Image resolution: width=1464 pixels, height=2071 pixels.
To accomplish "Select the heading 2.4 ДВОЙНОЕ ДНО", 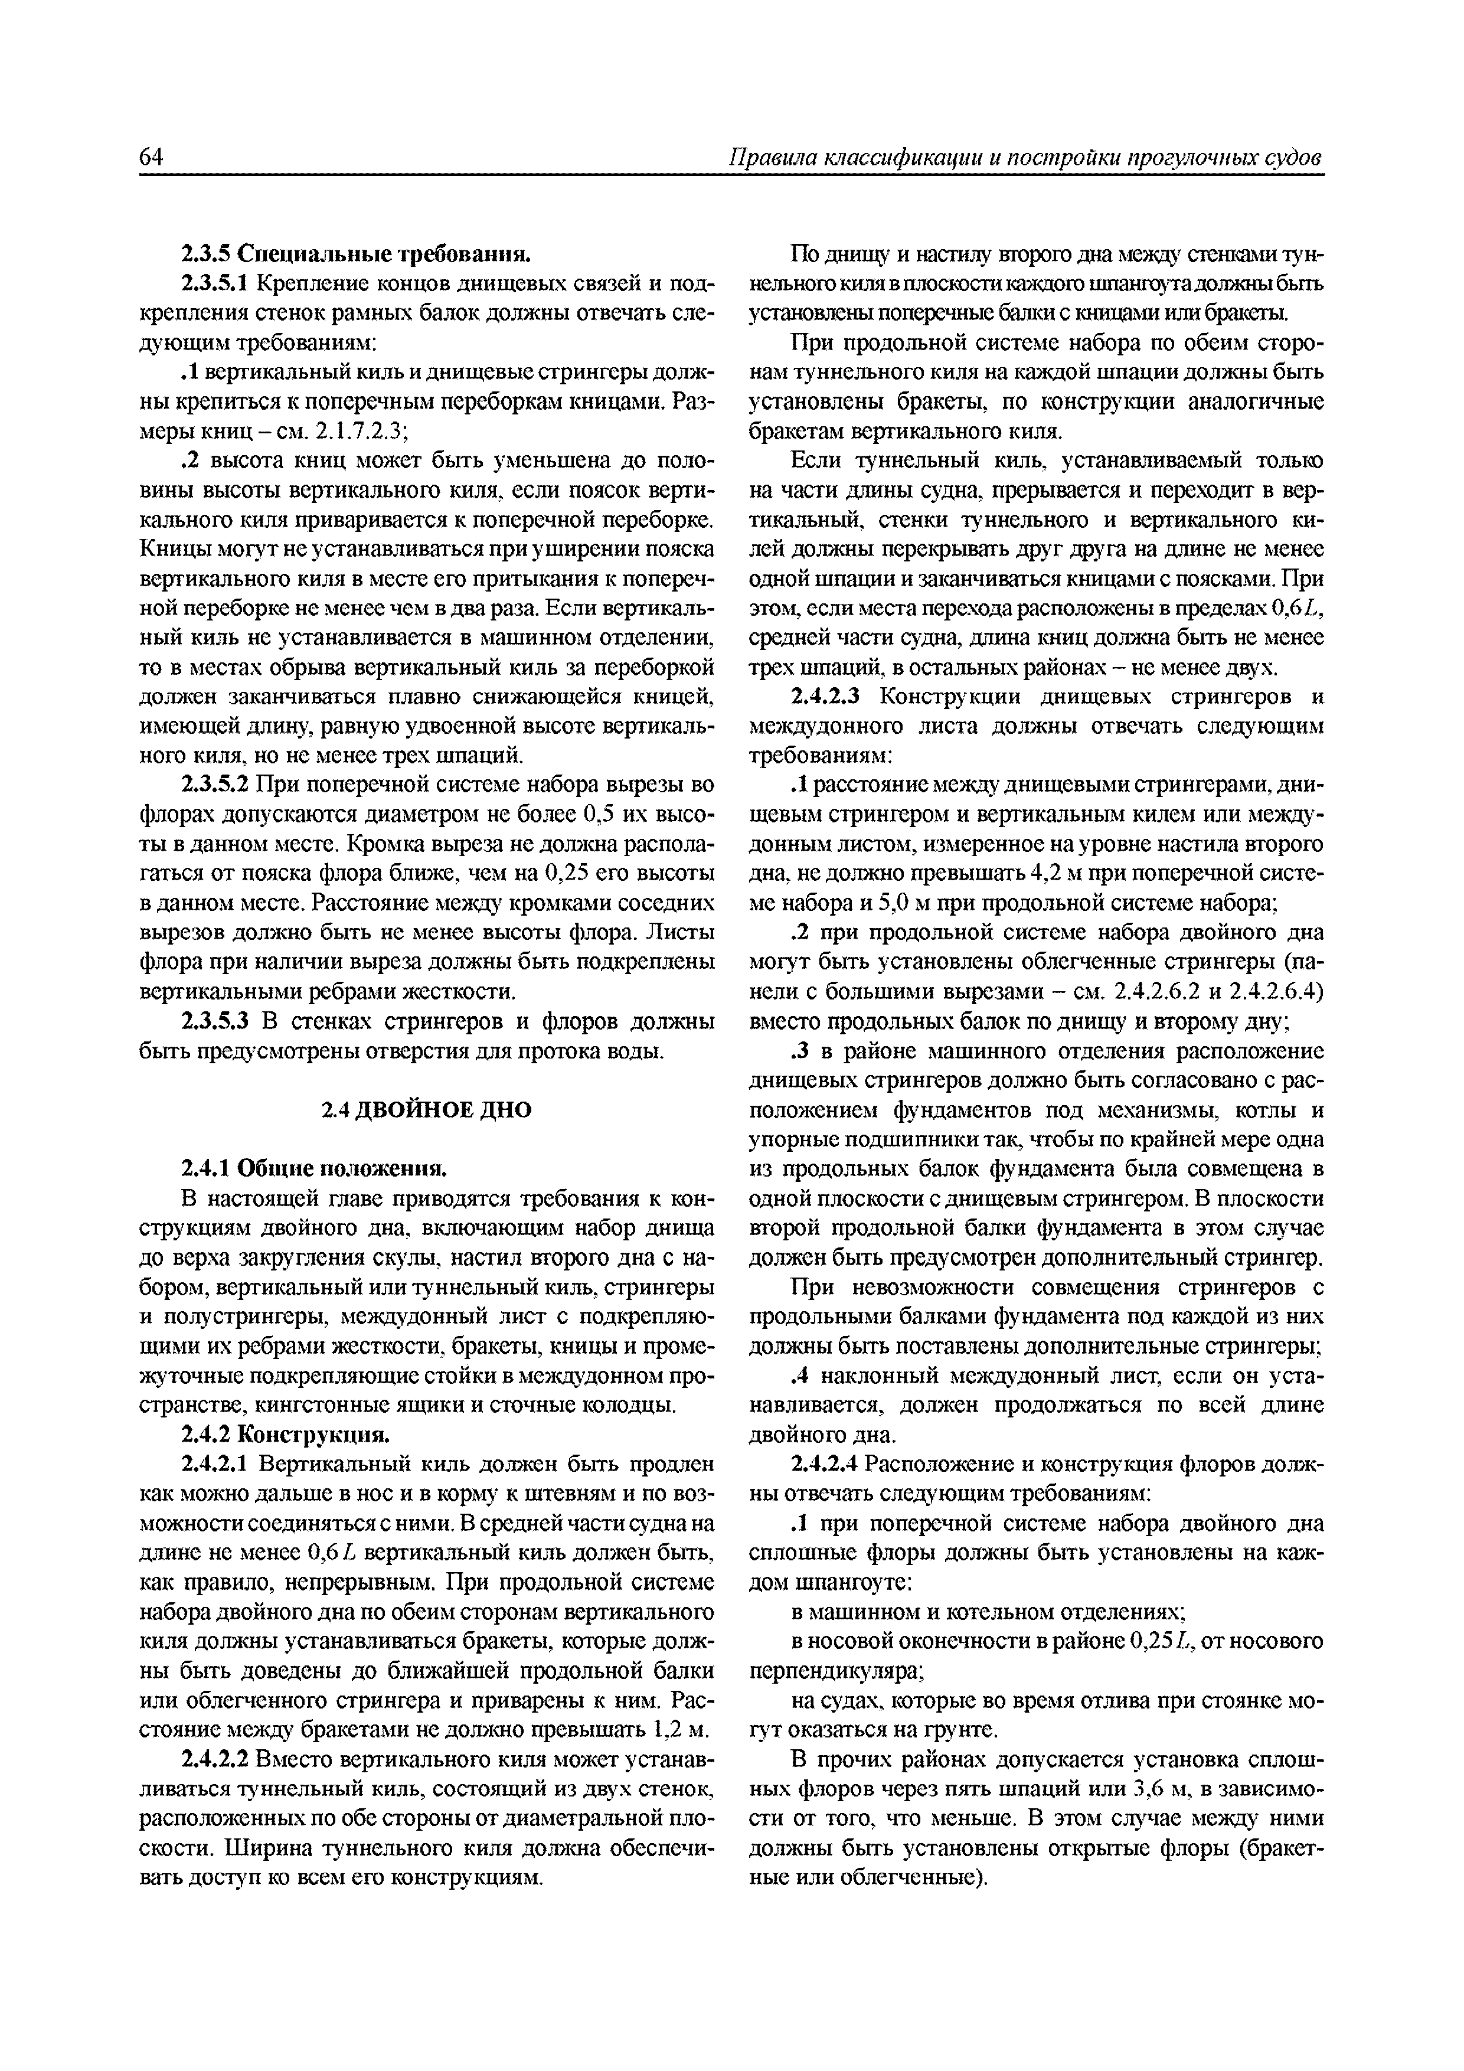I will click(x=427, y=1109).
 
